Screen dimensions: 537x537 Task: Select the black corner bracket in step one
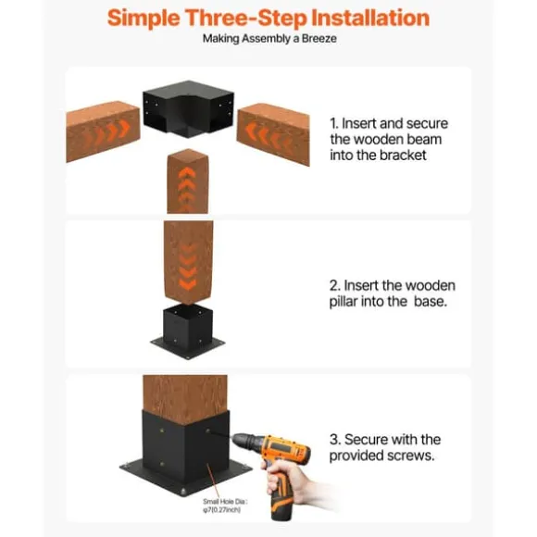[x=188, y=108]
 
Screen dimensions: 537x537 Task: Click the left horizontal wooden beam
[x=103, y=131]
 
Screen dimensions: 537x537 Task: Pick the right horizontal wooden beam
[x=273, y=133]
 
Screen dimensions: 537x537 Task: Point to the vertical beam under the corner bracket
[x=188, y=181]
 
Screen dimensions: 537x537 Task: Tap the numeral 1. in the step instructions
[x=334, y=124]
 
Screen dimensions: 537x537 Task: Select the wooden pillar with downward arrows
[x=188, y=262]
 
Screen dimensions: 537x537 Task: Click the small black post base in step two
[x=188, y=331]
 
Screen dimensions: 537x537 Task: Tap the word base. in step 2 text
[x=431, y=302]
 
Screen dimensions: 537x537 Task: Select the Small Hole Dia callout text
[x=225, y=506]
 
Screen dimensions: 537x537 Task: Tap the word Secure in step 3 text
[x=367, y=440]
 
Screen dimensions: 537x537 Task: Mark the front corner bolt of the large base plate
[x=183, y=492]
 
